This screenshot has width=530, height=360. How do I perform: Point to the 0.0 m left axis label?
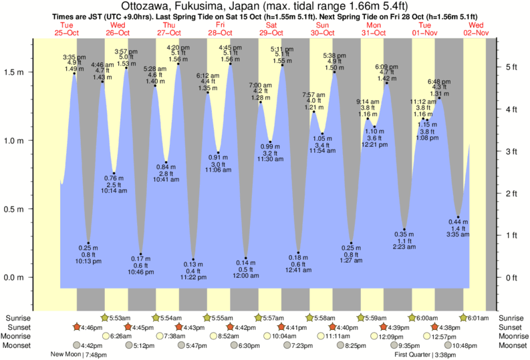(x=15, y=277)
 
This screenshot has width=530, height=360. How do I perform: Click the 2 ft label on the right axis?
(x=511, y=194)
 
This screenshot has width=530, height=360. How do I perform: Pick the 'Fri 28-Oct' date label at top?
(x=220, y=29)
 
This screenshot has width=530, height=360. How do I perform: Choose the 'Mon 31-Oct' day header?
(x=374, y=29)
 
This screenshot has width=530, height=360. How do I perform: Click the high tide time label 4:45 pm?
(x=231, y=48)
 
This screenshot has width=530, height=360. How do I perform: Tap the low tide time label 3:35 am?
(x=458, y=234)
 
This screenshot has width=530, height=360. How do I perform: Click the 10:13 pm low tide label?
(x=88, y=261)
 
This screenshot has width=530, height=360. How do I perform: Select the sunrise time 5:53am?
(x=120, y=318)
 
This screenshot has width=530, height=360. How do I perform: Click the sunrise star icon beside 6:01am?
(x=465, y=318)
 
